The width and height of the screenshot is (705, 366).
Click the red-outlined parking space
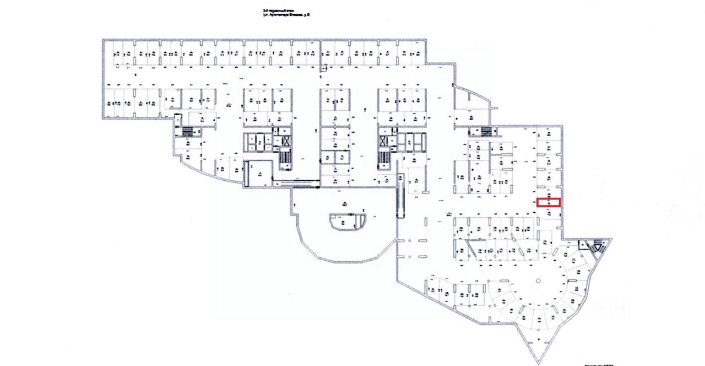click(549, 202)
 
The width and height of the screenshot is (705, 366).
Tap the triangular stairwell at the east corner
click(595, 246)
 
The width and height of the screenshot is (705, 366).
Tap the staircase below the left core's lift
click(285, 159)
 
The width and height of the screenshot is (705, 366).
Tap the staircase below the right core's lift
click(383, 159)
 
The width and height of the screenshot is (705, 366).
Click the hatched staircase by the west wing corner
click(188, 131)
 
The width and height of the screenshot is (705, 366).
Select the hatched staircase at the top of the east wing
click(485, 131)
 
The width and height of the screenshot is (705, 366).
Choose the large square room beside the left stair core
click(258, 173)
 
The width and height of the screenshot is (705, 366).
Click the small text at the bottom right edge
click(598, 364)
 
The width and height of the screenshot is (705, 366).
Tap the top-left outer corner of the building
click(103, 40)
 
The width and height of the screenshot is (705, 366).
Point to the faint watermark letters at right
click(606, 309)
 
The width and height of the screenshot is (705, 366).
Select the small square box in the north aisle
click(325, 68)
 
